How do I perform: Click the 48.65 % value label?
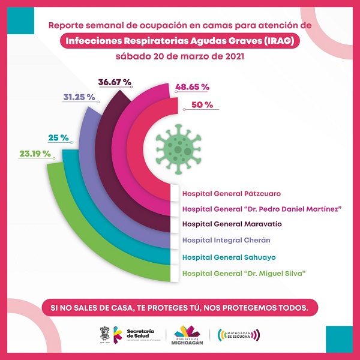[192, 87]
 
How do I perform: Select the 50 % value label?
[202, 105]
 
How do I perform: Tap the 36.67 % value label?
[113, 82]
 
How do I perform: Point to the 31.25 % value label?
[79, 97]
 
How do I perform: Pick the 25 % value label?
[58, 138]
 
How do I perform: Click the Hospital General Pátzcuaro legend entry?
[231, 194]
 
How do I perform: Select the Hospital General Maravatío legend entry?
[232, 224]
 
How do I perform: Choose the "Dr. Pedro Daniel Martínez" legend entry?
[262, 209]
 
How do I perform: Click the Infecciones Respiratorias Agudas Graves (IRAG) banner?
[180, 41]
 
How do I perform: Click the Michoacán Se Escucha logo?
[239, 334]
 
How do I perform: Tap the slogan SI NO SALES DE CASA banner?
[180, 308]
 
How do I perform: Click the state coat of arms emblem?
[103, 334]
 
